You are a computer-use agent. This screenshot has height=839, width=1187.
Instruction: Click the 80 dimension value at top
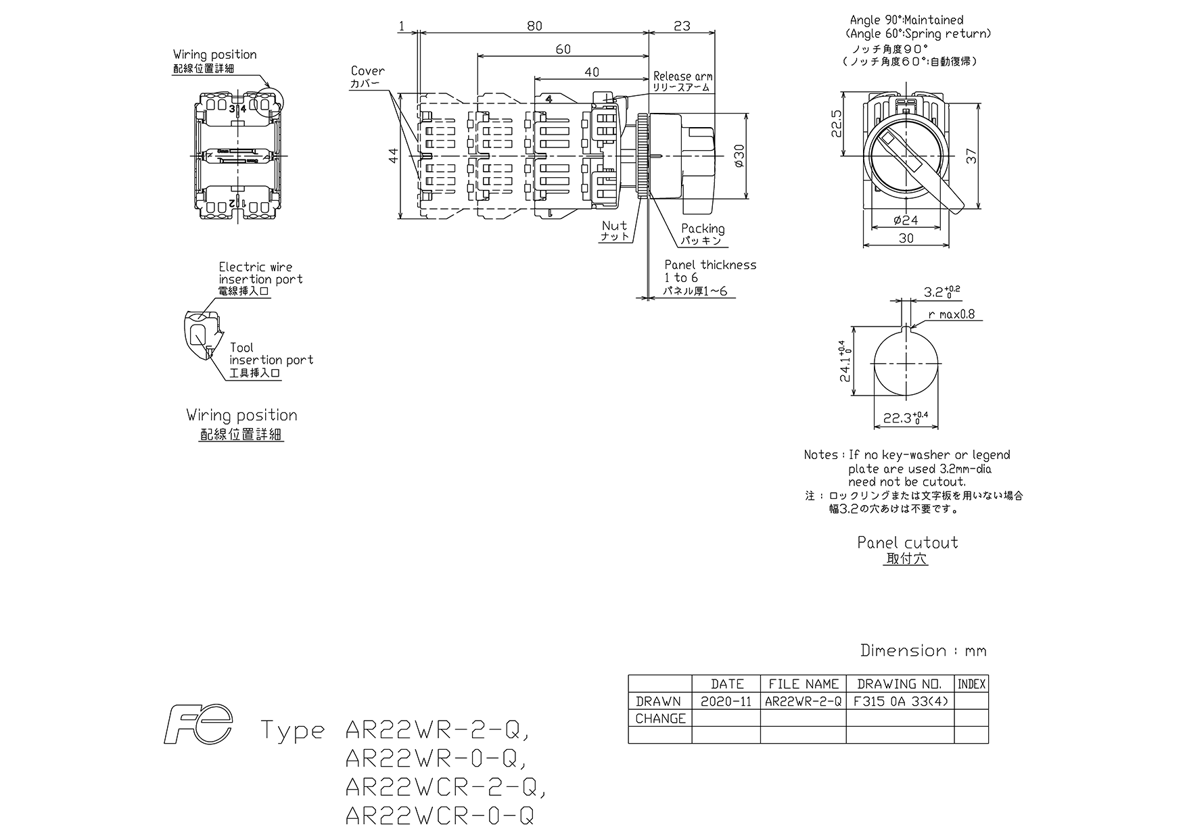(x=534, y=26)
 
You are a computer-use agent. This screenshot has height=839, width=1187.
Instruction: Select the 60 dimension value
(x=563, y=49)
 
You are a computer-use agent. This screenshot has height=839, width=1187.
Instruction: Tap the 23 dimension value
(x=682, y=26)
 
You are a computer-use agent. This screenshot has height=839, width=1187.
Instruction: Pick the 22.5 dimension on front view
(x=836, y=123)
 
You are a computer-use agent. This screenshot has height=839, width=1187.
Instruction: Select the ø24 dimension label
(x=906, y=220)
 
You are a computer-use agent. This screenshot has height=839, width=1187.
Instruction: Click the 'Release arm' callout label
(x=682, y=76)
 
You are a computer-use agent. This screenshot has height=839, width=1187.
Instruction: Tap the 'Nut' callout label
(x=614, y=225)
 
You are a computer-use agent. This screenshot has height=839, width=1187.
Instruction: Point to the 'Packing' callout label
(x=703, y=229)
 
